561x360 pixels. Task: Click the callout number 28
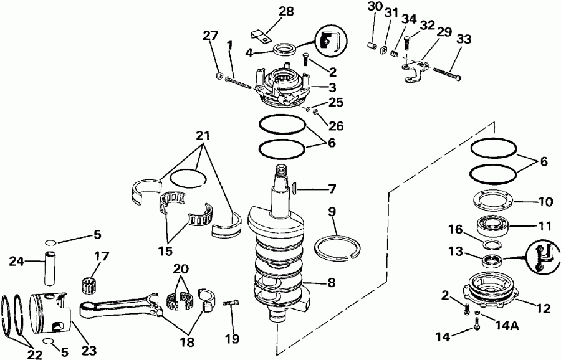click(269, 12)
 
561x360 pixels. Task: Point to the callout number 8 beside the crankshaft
click(330, 282)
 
